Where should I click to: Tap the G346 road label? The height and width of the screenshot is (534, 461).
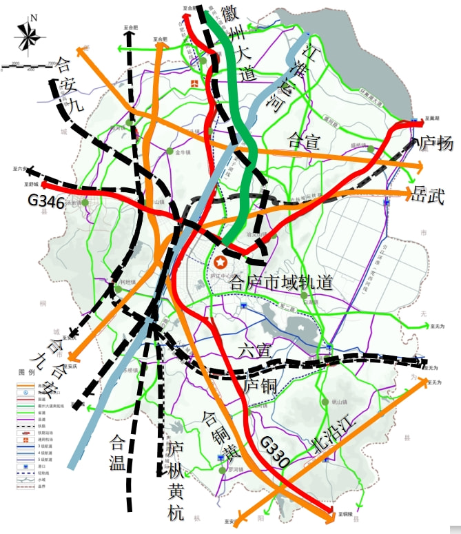coord(46,203)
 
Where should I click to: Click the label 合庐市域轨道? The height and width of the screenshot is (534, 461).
coord(281,283)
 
